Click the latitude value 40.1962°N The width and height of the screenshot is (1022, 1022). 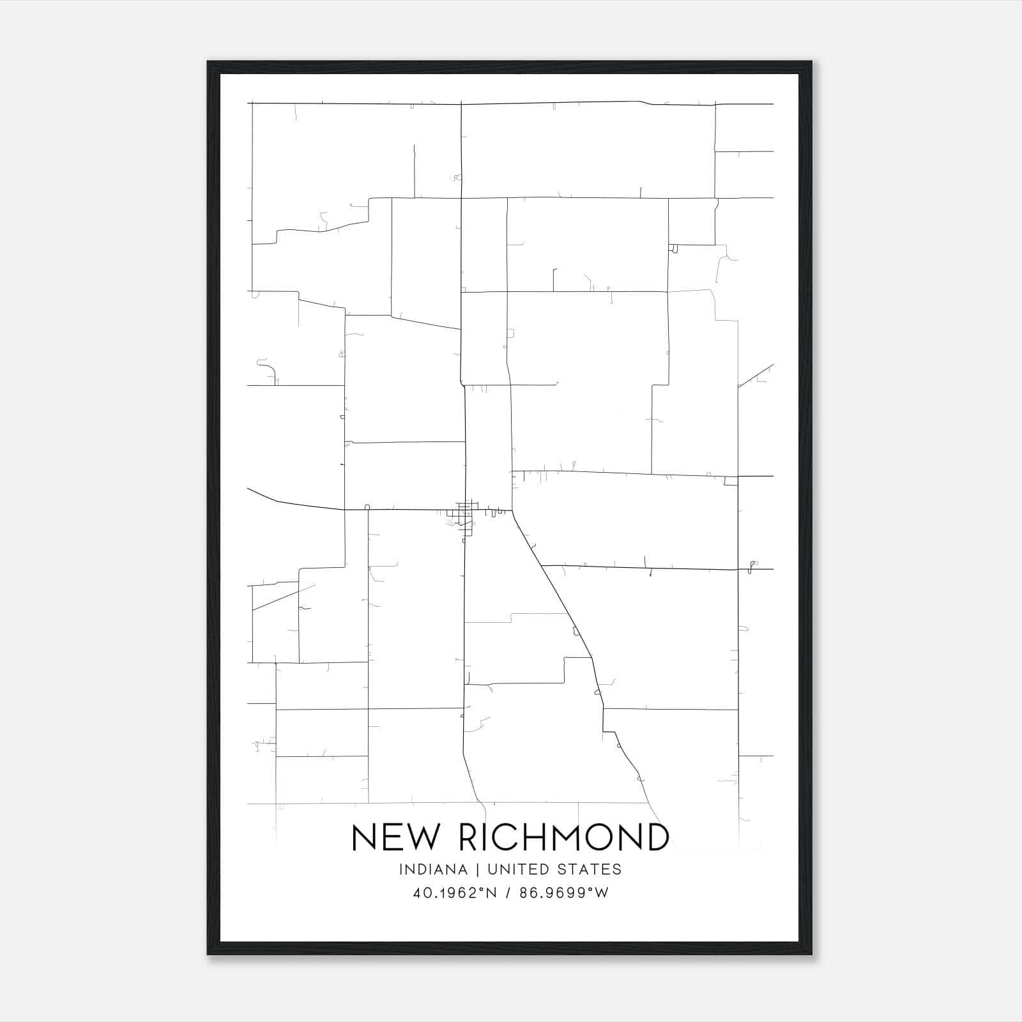[455, 893]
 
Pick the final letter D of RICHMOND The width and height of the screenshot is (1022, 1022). [657, 837]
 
